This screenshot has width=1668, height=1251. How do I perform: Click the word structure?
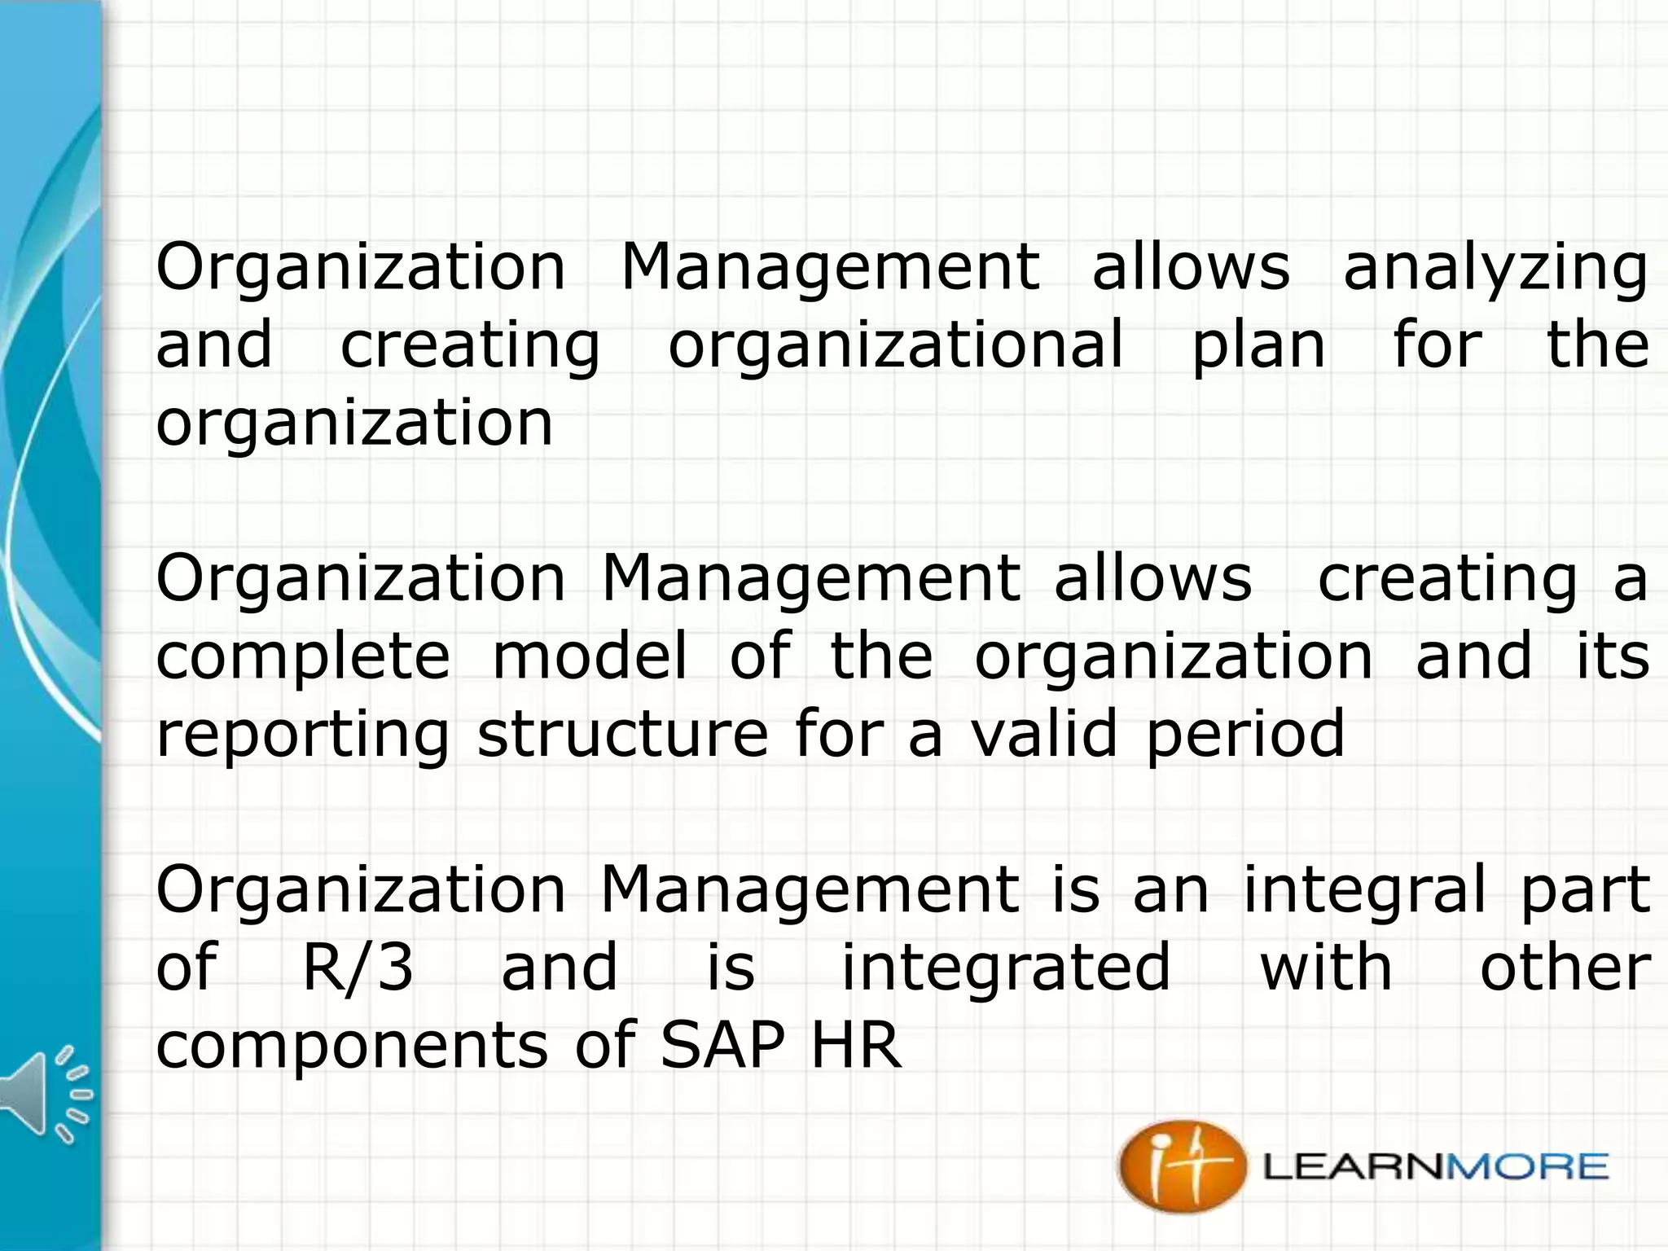click(622, 734)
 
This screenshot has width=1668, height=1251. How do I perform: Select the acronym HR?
click(856, 1045)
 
